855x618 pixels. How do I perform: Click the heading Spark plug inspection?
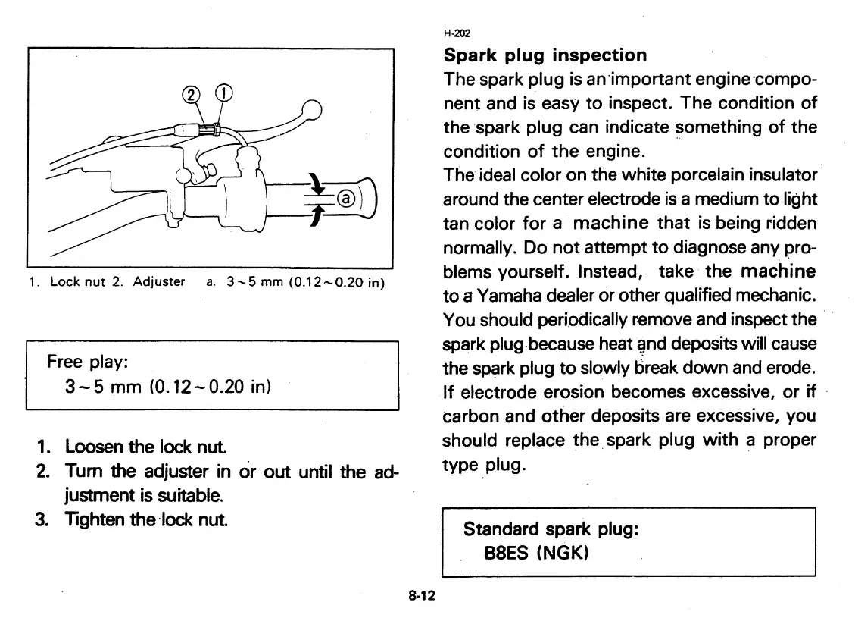(545, 55)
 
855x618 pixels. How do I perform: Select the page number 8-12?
(421, 596)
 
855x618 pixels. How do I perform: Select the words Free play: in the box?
(80, 362)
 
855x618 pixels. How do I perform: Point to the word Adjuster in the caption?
(158, 282)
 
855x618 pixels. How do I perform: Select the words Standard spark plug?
(551, 529)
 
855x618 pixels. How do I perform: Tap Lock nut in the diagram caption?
(75, 282)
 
